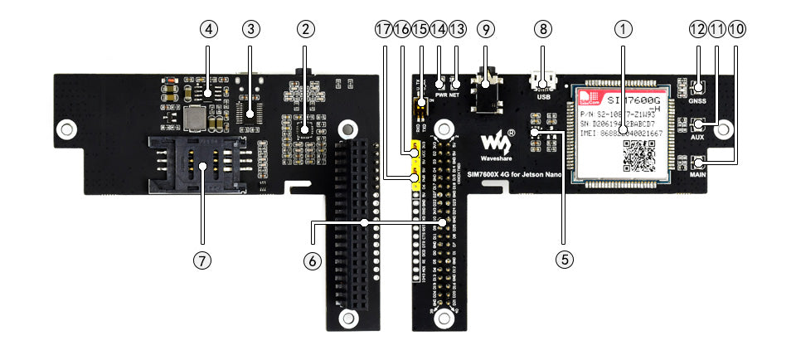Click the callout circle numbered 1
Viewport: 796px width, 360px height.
point(623,30)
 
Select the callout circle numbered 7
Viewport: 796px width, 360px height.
point(201,260)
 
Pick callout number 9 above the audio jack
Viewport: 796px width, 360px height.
point(486,30)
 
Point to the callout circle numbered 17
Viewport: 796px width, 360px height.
point(382,30)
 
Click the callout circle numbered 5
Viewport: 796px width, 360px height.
point(565,260)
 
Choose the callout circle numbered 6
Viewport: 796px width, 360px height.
point(312,260)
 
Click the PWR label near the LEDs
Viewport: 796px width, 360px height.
point(440,96)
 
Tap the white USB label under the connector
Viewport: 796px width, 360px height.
point(543,97)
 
